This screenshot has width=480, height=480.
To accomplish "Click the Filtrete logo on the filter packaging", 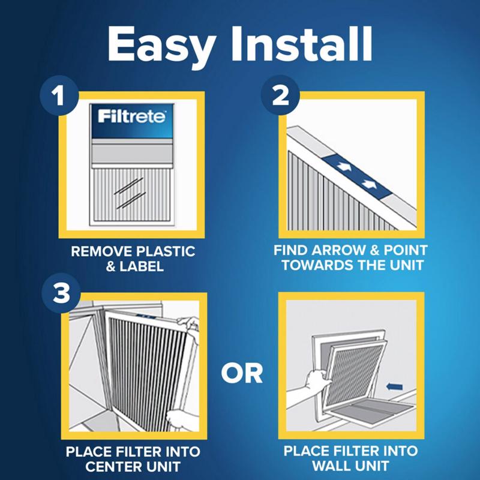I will [132, 116].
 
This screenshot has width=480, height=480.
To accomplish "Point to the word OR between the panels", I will [241, 373].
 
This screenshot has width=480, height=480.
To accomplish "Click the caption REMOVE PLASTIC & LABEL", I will [133, 258].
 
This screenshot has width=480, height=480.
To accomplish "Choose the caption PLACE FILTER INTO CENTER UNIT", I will [133, 458].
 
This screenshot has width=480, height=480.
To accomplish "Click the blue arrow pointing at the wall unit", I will [394, 388].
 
